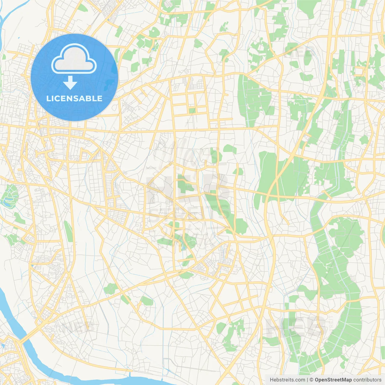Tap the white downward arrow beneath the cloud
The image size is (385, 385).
70,83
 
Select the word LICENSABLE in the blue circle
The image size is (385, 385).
74,98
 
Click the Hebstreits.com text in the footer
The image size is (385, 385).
287,380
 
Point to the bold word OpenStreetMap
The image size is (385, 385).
333,380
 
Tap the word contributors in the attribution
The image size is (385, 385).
367,380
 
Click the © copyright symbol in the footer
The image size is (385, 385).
311,380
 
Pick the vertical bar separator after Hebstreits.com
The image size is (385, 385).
307,380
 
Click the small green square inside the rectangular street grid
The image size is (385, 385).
192,111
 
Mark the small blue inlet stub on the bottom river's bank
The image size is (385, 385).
131,374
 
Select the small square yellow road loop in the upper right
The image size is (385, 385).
359,71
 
